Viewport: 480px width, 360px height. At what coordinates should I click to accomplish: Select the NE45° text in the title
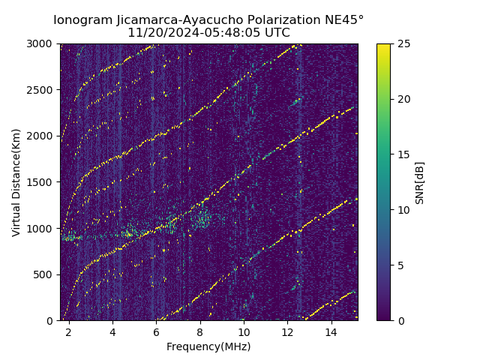[348, 20]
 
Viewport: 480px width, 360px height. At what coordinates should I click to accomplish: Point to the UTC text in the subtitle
[276, 33]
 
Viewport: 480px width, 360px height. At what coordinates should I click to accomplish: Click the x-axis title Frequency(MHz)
[208, 346]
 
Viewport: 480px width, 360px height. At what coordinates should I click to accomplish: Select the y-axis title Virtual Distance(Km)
[16, 182]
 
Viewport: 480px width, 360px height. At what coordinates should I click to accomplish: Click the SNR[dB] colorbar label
[420, 182]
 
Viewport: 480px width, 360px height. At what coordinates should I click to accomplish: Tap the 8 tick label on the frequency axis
[200, 331]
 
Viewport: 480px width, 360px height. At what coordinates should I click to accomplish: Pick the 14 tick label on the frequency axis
[331, 331]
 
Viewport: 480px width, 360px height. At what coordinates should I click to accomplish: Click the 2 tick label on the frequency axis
[68, 331]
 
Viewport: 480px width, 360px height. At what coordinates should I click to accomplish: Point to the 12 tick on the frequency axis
[287, 331]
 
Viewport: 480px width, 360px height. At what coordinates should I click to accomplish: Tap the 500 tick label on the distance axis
[43, 274]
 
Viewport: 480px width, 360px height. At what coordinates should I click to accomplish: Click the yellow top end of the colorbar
[383, 46]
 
